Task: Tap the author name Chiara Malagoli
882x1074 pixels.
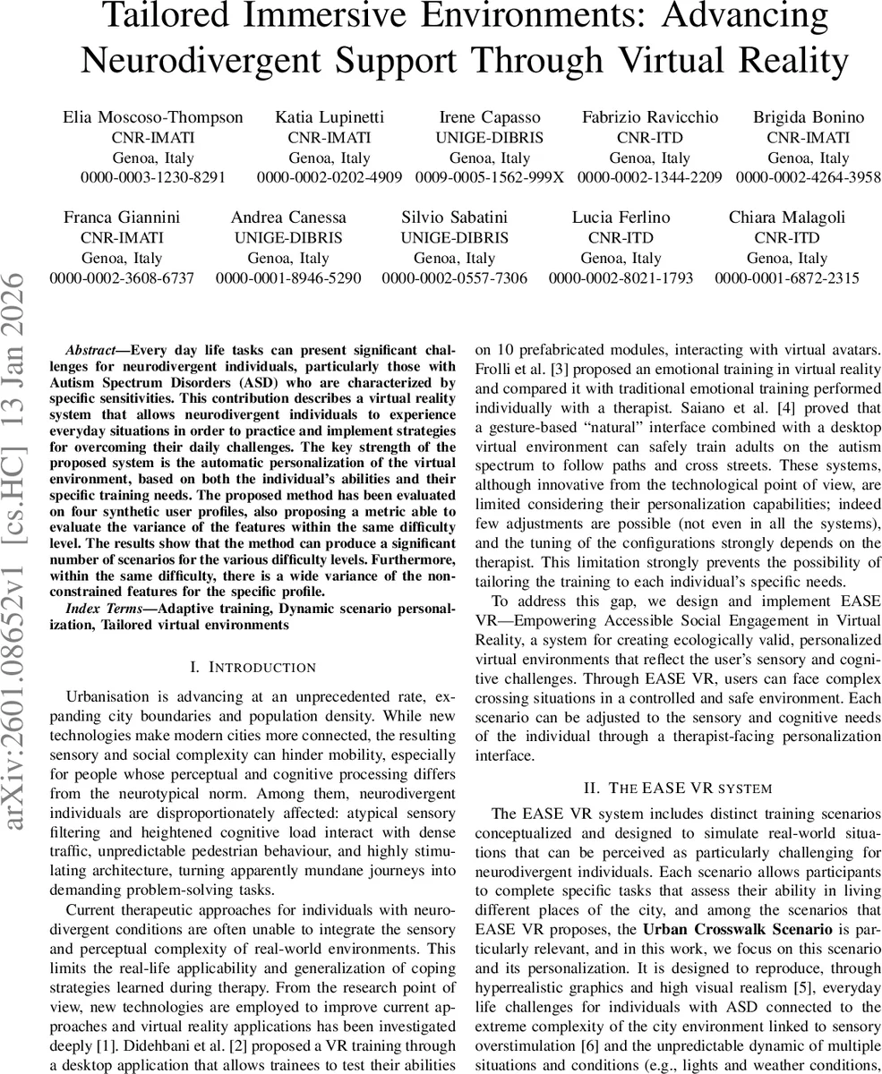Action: point(786,217)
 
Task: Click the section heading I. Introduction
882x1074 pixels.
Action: point(253,667)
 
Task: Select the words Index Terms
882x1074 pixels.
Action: point(100,609)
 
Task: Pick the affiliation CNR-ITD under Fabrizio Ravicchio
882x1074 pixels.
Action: point(649,138)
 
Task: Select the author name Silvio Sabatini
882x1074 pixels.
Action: point(454,217)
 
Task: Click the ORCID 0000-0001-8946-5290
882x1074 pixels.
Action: point(288,278)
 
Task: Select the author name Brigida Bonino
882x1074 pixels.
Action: point(808,117)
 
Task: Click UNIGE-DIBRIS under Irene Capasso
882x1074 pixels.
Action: point(489,138)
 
